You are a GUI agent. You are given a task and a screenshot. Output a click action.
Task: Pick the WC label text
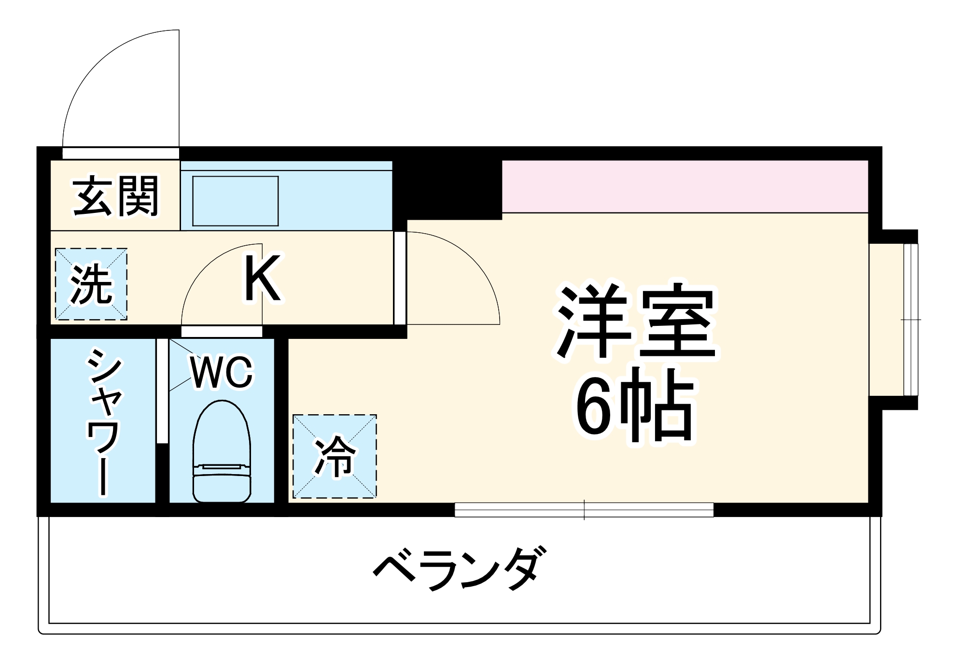click(222, 372)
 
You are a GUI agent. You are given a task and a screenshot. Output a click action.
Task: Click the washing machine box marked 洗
click(91, 284)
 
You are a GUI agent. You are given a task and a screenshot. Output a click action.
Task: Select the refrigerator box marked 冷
click(335, 456)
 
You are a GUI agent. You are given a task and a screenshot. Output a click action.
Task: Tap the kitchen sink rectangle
click(236, 201)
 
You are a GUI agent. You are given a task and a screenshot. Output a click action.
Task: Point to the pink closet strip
click(685, 186)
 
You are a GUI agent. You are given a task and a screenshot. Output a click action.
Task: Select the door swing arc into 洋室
click(463, 270)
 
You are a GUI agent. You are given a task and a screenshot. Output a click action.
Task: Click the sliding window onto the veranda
click(584, 509)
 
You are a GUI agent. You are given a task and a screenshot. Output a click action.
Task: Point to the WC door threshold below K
click(222, 331)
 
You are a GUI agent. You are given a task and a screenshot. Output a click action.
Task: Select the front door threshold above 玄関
click(121, 153)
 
